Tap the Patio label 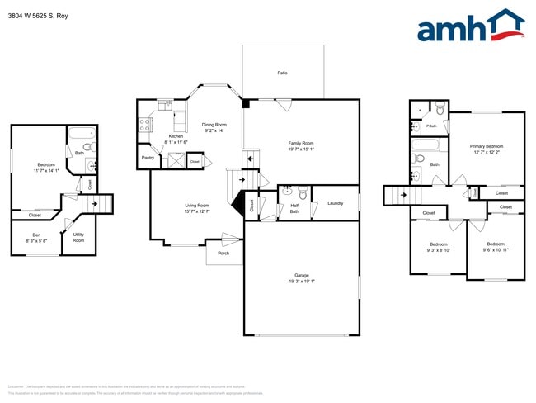click(282, 73)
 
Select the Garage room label click(302, 275)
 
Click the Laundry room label click(335, 202)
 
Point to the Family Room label click(301, 143)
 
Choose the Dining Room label click(214, 125)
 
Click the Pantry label click(148, 157)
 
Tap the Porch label click(223, 254)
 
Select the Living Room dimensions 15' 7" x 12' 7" click(196, 211)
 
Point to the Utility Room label click(79, 237)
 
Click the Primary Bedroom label click(487, 146)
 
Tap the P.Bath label click(430, 126)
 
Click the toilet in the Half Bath click(303, 195)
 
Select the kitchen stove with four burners click(144, 125)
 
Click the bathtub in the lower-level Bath click(82, 134)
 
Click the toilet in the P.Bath click(440, 110)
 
